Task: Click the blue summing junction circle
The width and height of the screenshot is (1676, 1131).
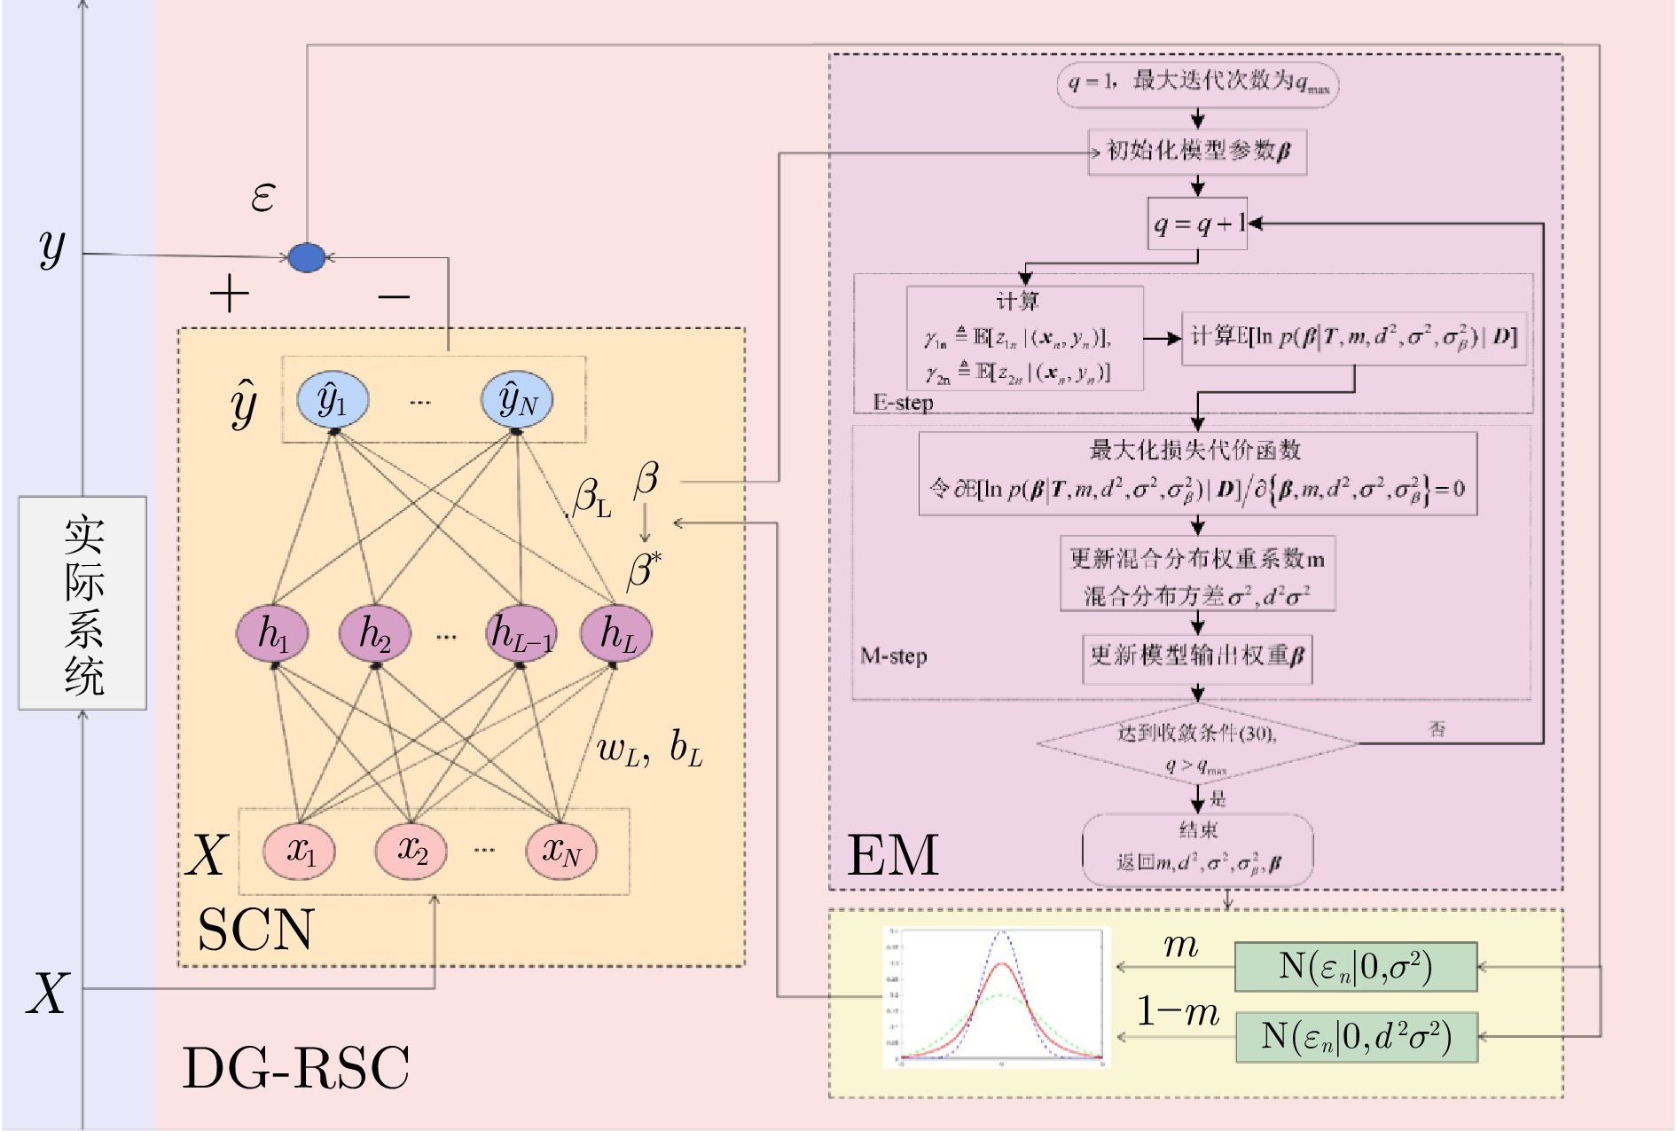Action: pos(307,257)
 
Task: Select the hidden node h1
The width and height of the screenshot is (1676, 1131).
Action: pos(272,633)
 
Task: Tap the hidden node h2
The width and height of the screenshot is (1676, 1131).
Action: pos(375,633)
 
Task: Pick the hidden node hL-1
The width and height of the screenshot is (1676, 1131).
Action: pos(521,633)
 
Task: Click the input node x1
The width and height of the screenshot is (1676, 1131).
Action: pos(300,851)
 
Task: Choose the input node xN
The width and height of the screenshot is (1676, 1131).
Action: pos(561,851)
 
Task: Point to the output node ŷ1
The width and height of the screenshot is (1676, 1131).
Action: pos(333,400)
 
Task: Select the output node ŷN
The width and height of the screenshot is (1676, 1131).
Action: pos(517,400)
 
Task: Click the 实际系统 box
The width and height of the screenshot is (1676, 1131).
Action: pos(83,602)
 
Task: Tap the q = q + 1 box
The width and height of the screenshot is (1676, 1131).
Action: pos(1197,224)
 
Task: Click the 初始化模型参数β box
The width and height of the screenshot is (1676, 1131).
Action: pos(1197,151)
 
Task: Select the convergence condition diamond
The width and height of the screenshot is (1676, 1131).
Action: pos(1197,743)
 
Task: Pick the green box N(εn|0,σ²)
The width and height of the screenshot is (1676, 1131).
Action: pos(1356,966)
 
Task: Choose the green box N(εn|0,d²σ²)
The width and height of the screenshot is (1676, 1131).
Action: pos(1356,1036)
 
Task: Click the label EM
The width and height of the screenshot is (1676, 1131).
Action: pos(892,855)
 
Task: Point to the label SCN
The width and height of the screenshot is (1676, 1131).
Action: pos(255,929)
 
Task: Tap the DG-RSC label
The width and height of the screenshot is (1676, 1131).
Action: pos(295,1067)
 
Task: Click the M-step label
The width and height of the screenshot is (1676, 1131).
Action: pos(894,656)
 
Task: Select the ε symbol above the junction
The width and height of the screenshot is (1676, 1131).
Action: pos(262,196)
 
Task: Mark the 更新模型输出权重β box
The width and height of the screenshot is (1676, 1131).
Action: pos(1197,656)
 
